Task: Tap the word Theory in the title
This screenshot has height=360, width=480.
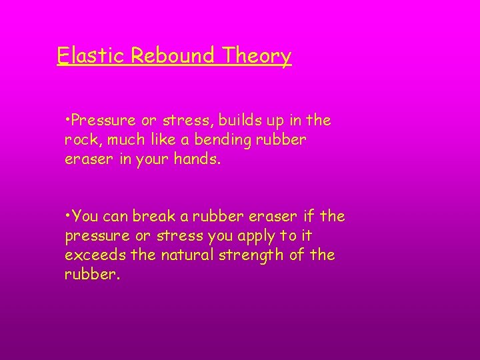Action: pyautogui.click(x=257, y=56)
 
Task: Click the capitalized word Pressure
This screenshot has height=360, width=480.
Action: pyautogui.click(x=102, y=121)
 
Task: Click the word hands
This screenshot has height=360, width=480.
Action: pyautogui.click(x=200, y=160)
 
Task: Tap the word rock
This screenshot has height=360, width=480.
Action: pyautogui.click(x=80, y=141)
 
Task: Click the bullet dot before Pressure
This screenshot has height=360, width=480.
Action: pyautogui.click(x=68, y=121)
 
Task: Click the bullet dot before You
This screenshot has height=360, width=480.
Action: pyautogui.click(x=68, y=216)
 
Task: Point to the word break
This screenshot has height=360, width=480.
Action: pyautogui.click(x=151, y=216)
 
